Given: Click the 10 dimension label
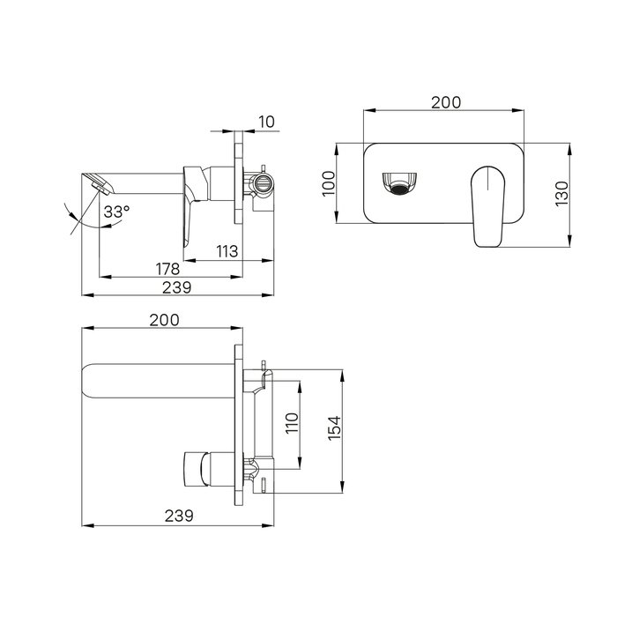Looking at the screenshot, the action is (x=267, y=122).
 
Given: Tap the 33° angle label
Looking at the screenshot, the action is (x=116, y=212).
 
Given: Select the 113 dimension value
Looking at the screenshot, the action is (x=227, y=251).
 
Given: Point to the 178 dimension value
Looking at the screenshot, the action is (x=167, y=269).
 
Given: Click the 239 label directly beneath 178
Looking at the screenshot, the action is (x=176, y=287).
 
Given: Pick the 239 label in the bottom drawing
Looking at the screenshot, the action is (x=179, y=516).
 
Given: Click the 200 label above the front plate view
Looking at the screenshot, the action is (x=446, y=102).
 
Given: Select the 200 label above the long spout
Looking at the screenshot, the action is (x=164, y=320).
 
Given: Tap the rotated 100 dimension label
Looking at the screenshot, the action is (x=328, y=183).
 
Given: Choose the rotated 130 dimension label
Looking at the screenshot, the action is (x=561, y=193).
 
